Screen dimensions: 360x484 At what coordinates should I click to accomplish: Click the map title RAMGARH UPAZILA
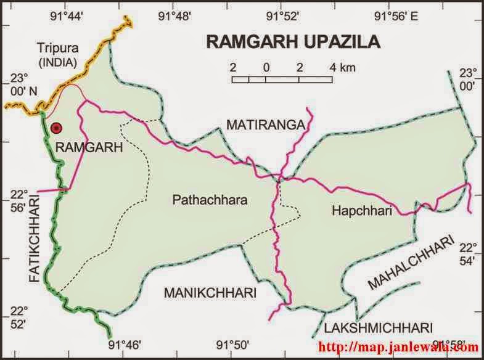click(293, 41)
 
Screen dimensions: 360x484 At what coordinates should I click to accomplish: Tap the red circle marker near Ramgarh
click(57, 128)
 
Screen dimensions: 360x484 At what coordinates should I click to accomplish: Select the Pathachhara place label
click(210, 200)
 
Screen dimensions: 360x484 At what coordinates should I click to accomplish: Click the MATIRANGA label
click(265, 126)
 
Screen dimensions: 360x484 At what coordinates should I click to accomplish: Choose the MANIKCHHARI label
click(210, 293)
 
